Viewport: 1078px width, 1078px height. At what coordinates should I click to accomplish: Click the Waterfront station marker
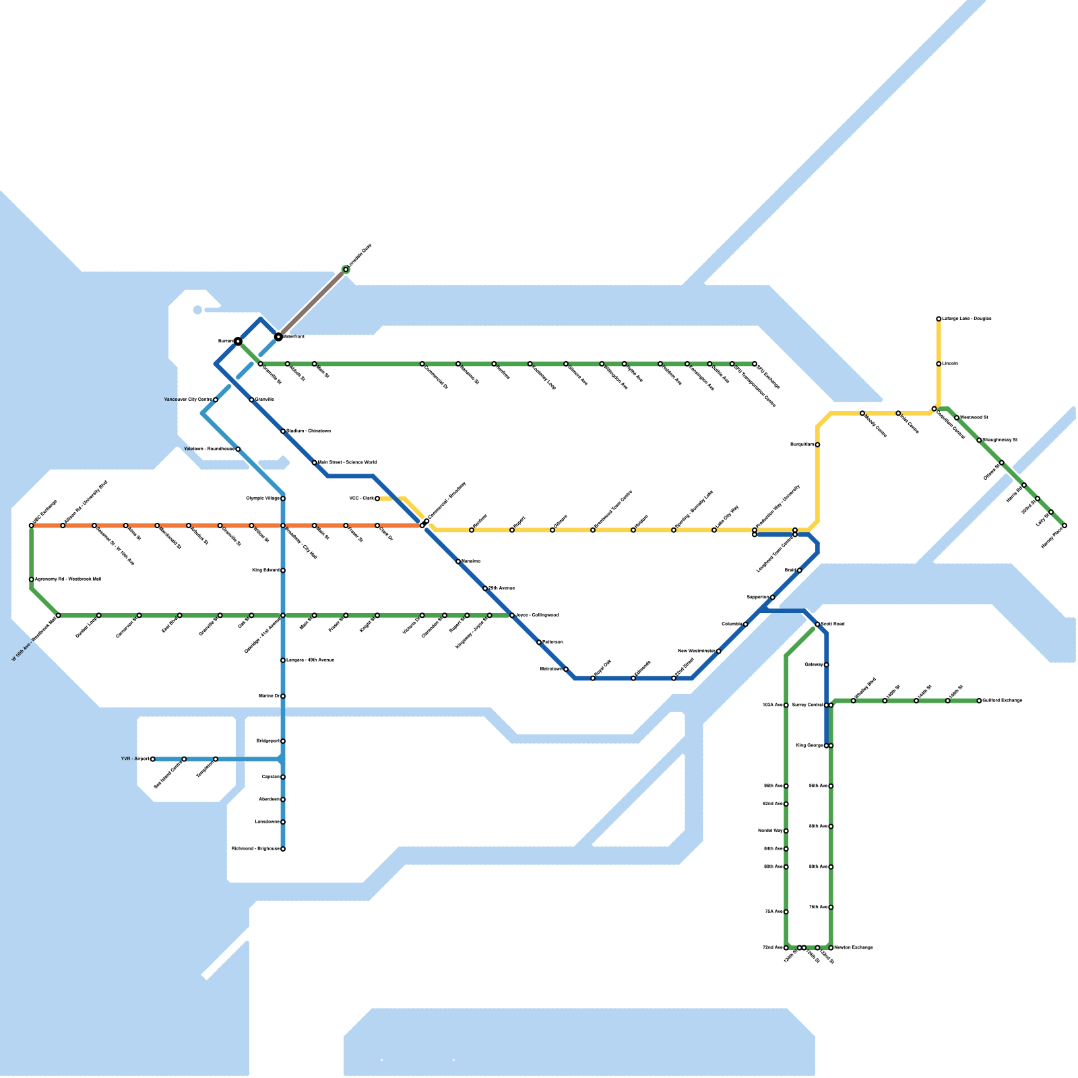pyautogui.click(x=278, y=336)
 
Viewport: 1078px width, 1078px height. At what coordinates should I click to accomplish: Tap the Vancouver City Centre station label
pyautogui.click(x=188, y=400)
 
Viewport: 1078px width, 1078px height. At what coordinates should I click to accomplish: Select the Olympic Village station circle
pyautogui.click(x=283, y=499)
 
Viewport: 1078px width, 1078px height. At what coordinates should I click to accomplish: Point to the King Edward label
pyautogui.click(x=265, y=571)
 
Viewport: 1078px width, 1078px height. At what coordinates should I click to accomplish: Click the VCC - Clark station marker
pyautogui.click(x=377, y=499)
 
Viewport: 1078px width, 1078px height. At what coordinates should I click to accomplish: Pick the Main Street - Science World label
pyautogui.click(x=347, y=463)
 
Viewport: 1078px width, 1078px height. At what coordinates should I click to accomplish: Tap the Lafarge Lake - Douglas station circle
pyautogui.click(x=939, y=319)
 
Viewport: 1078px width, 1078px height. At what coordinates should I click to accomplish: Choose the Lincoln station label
pyautogui.click(x=950, y=364)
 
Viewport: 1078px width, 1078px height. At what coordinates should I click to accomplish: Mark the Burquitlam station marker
pyautogui.click(x=817, y=445)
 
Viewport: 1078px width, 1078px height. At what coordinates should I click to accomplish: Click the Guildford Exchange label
pyautogui.click(x=1003, y=701)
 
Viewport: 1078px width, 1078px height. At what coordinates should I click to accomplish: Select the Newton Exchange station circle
pyautogui.click(x=831, y=948)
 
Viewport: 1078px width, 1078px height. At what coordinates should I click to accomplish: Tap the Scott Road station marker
pyautogui.click(x=817, y=625)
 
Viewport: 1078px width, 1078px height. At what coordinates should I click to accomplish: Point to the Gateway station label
pyautogui.click(x=814, y=665)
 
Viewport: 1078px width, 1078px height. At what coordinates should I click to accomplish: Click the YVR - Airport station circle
pyautogui.click(x=153, y=759)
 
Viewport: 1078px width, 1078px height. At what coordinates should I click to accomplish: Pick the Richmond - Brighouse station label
pyautogui.click(x=255, y=849)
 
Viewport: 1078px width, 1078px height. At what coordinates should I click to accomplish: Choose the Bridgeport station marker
pyautogui.click(x=283, y=741)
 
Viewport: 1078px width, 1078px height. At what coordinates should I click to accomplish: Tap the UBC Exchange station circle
pyautogui.click(x=32, y=526)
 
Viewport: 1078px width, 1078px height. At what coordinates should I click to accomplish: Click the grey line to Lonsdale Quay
pyautogui.click(x=312, y=303)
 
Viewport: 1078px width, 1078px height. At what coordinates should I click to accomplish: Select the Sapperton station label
pyautogui.click(x=757, y=598)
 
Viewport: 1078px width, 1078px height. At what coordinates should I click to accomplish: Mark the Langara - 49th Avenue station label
pyautogui.click(x=310, y=660)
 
